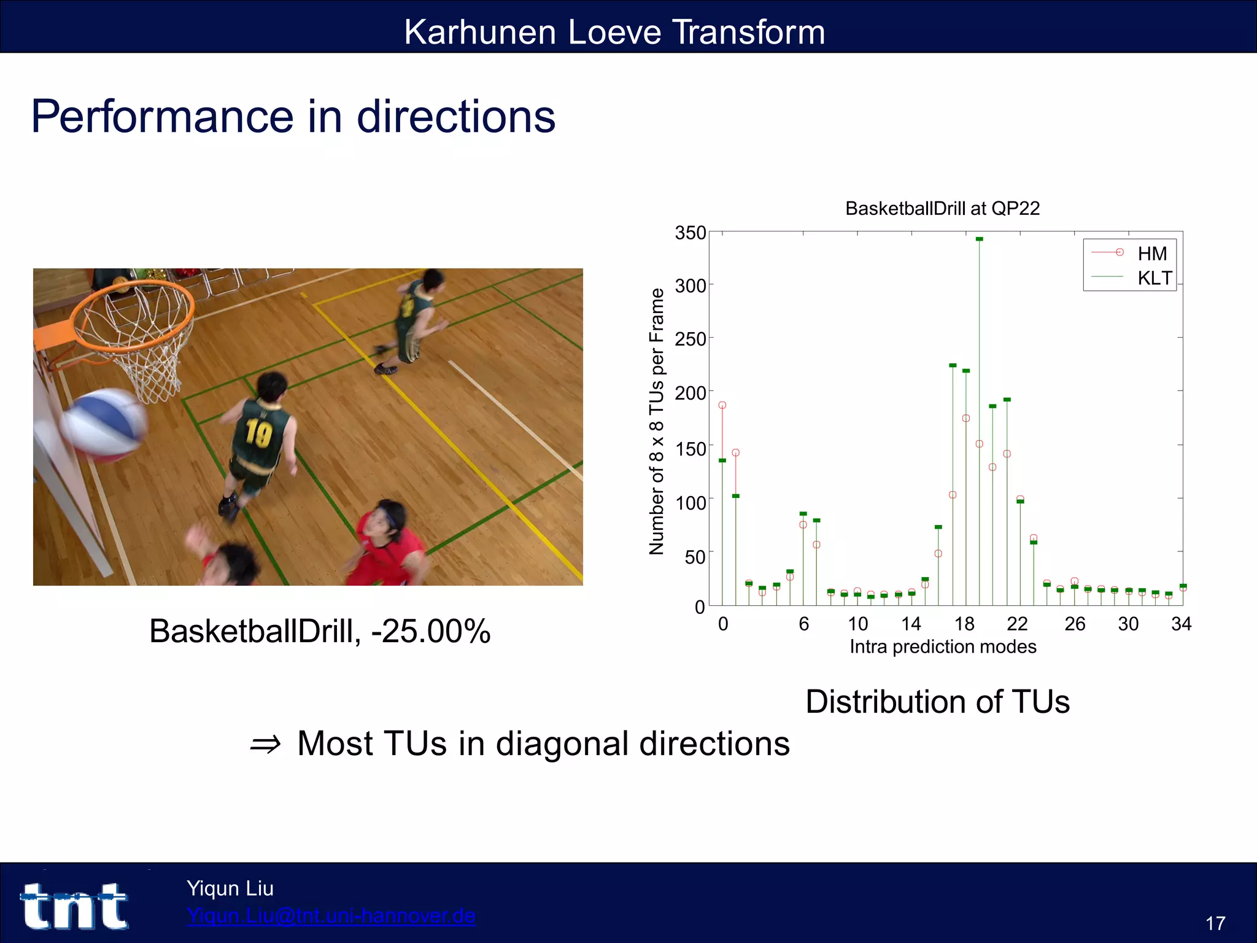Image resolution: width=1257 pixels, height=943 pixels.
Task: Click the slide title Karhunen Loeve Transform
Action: click(614, 32)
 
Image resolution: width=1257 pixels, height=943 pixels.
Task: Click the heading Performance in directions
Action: click(293, 116)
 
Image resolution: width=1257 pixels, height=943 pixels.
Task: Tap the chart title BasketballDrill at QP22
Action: click(942, 209)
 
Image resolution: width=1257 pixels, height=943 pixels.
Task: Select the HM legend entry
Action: click(1151, 254)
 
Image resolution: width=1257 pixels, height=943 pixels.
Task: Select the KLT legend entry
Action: click(1154, 278)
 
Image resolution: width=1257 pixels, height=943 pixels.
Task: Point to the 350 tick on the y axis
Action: click(690, 233)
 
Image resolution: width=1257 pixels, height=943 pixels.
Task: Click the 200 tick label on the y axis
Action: click(690, 393)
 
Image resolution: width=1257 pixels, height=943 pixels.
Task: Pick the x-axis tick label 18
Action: click(964, 624)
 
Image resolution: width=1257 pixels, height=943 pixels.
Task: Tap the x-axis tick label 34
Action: click(1181, 624)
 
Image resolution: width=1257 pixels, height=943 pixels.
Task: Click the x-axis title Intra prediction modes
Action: click(943, 646)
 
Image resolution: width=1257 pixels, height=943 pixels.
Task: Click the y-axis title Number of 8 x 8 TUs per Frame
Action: click(657, 421)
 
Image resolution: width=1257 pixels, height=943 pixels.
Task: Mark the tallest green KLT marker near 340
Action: click(980, 239)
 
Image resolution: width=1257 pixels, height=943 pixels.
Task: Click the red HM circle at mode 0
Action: click(722, 405)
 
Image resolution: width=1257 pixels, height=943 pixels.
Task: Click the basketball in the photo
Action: click(104, 425)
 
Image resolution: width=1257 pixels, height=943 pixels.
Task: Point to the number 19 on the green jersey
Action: click(258, 433)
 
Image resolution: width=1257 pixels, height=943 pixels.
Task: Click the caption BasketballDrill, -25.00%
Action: click(320, 631)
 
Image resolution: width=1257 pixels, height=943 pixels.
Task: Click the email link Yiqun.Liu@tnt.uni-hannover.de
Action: click(331, 915)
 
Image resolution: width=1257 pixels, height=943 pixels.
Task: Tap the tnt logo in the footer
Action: click(75, 906)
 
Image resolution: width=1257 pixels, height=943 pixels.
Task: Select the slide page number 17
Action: click(1215, 923)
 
